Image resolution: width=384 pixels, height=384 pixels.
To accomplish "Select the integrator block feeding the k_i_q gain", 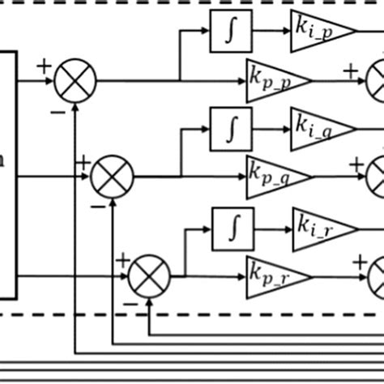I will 231,126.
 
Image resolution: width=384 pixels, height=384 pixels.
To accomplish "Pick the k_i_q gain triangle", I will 319,126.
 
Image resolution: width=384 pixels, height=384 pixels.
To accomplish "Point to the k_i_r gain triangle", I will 319,225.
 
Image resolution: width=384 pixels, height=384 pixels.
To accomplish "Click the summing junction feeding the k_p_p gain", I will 75,79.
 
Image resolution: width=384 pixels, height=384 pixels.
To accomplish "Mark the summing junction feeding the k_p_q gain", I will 112,174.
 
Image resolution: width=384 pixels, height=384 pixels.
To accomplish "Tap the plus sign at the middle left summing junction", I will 82,162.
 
